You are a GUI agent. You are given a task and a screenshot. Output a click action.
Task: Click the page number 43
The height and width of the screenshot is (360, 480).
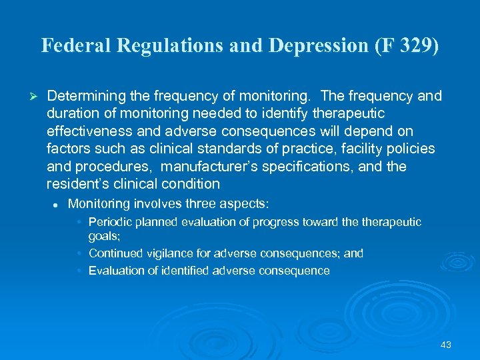446,345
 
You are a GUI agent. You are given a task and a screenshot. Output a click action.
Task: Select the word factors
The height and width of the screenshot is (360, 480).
68,148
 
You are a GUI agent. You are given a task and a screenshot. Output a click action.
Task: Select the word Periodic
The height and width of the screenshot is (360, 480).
110,222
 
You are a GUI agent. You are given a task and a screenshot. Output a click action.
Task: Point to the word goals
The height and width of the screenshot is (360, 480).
103,235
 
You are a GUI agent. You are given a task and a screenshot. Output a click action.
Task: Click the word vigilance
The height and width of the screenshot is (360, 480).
164,253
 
